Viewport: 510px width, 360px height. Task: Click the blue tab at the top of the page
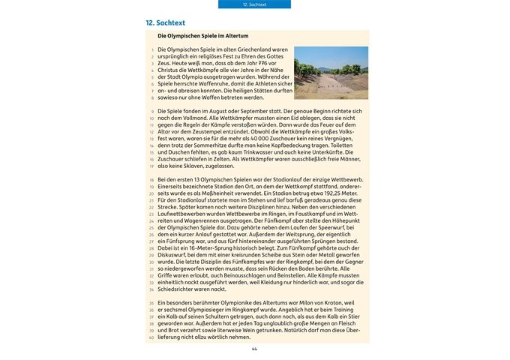[254, 4]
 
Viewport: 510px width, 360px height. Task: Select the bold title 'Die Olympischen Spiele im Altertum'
[203, 36]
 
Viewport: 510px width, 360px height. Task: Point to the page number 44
[254, 349]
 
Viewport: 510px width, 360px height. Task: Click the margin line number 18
[151, 181]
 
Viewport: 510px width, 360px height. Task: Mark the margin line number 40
[151, 337]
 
